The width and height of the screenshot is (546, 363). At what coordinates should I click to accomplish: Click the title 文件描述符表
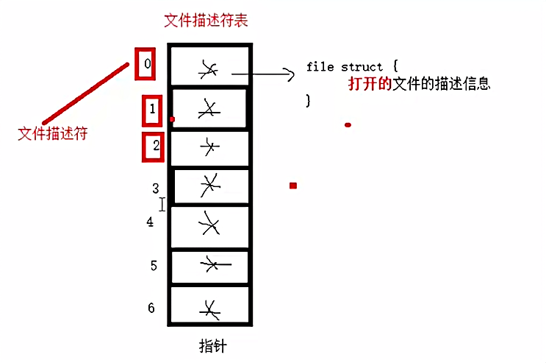coord(206,20)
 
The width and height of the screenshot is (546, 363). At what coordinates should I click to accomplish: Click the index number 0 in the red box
coord(147,64)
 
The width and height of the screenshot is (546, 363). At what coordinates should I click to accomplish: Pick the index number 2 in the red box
coord(155,146)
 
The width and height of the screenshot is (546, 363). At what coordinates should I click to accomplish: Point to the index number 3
coord(155,189)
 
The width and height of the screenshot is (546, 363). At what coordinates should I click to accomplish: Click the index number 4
coord(150,221)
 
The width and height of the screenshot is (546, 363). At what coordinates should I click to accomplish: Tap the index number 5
coord(154,265)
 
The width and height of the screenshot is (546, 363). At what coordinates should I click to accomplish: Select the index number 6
coord(151,308)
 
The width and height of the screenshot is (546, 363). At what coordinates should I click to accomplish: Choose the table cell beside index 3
coord(209,185)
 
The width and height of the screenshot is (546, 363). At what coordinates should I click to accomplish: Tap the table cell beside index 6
coord(209,306)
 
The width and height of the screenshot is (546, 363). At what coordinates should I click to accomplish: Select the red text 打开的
coord(366,84)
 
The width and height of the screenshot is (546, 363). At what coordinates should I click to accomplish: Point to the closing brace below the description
coord(309,99)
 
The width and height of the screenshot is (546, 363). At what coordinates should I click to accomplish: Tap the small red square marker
coord(292,186)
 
